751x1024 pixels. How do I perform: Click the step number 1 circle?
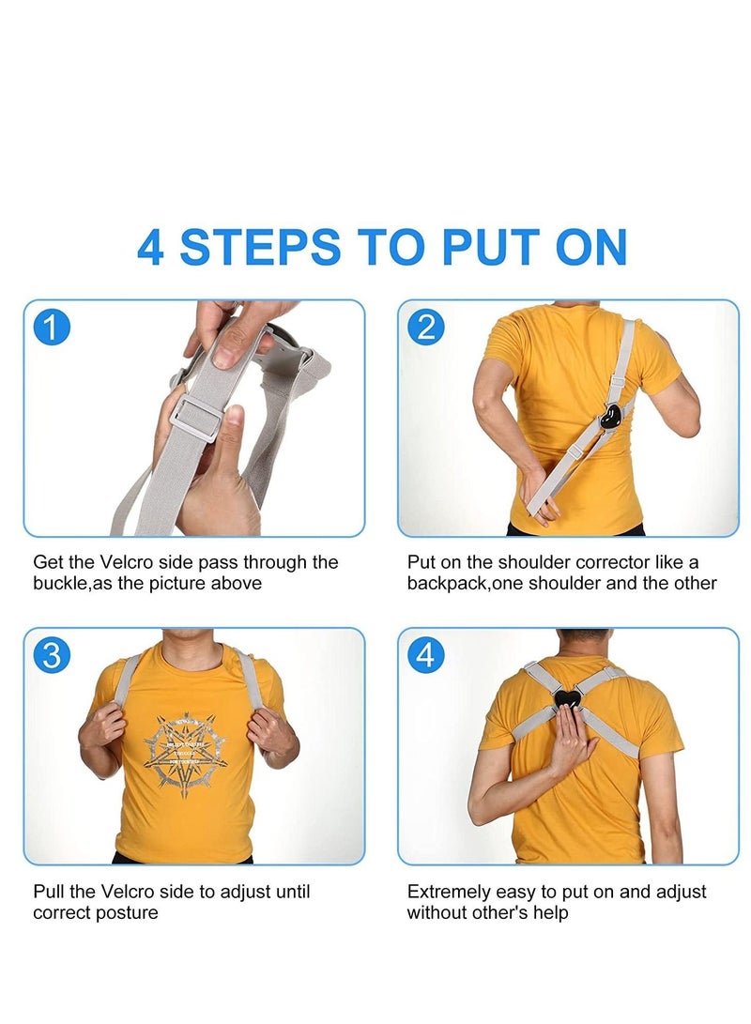coord(52,329)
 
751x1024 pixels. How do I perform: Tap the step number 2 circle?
coord(426,328)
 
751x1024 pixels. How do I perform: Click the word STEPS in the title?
coord(260,247)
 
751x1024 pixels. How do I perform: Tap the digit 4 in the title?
coord(151,247)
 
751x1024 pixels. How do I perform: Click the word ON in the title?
coord(590,247)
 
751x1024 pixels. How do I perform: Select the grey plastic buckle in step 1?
coord(197,416)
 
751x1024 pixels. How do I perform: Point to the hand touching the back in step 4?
coord(574,738)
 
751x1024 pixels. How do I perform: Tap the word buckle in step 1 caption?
coord(59,583)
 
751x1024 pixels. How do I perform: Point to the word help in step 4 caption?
coord(550,912)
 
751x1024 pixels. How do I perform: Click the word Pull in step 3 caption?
coord(47,892)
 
